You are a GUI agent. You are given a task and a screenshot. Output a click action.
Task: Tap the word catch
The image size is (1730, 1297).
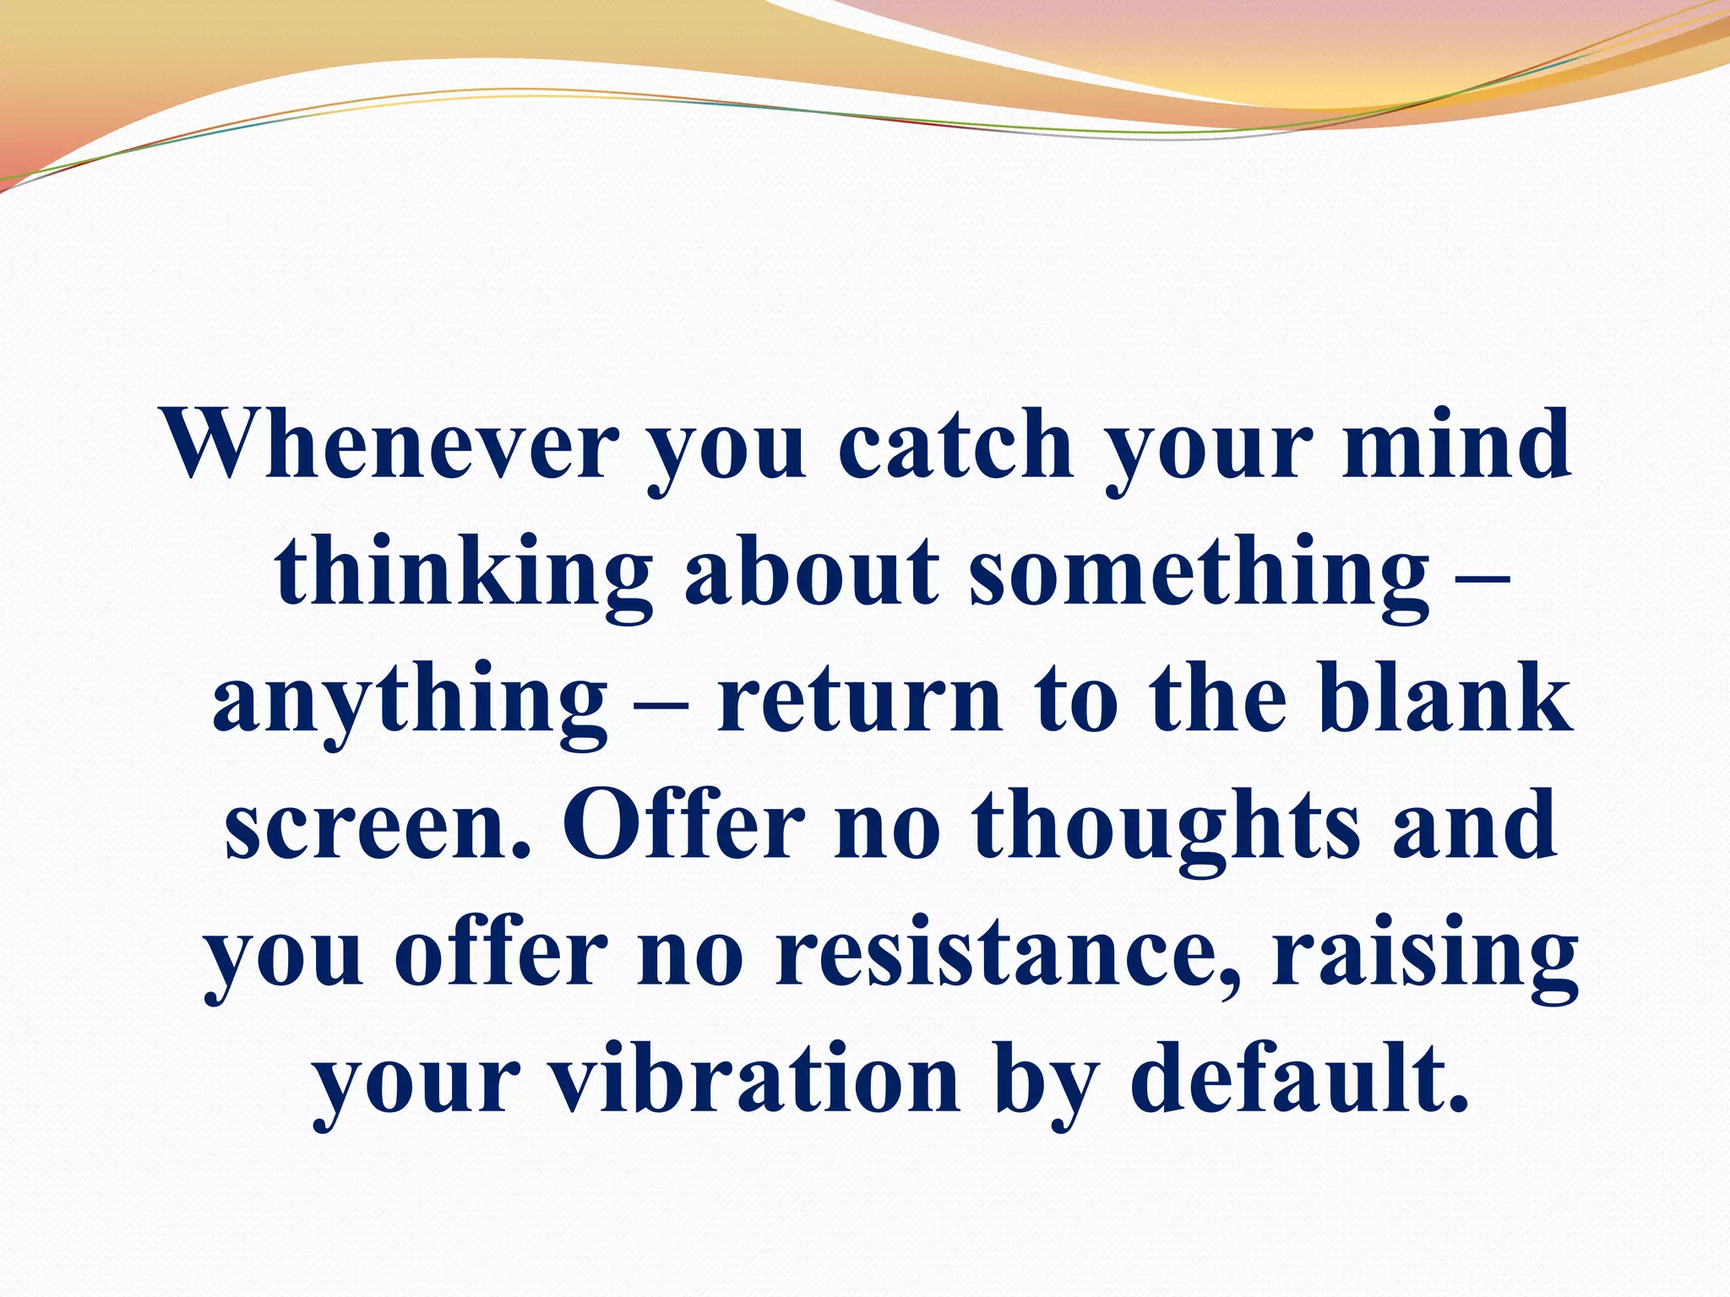(955, 444)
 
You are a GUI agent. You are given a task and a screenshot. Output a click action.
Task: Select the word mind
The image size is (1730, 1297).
(1456, 444)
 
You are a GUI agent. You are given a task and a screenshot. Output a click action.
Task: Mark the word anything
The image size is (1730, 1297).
(410, 701)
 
